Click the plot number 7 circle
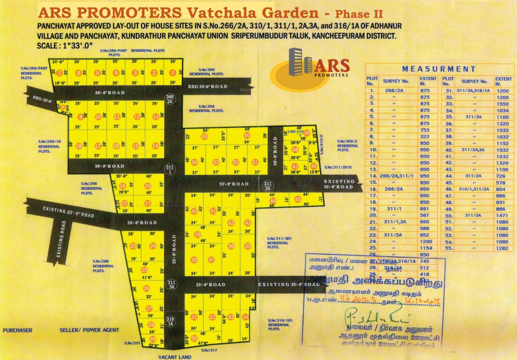[59, 73]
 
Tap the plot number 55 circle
[204, 136]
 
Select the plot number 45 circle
[298, 199]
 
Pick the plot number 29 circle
[152, 339]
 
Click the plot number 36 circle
[231, 246]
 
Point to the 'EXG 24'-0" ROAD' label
[208, 87]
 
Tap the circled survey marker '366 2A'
[170, 98]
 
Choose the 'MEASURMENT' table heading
[439, 69]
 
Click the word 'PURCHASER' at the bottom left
[18, 330]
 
